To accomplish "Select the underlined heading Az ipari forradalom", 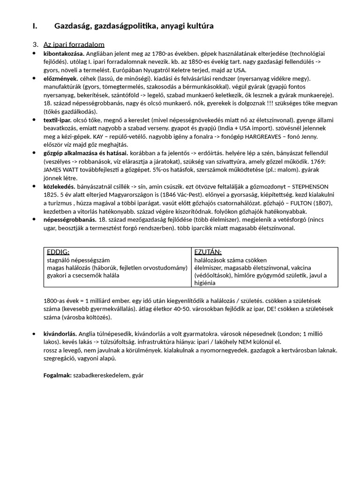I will pos(74,45).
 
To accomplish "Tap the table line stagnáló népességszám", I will pos(78,260).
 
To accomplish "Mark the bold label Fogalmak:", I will pos(57,375).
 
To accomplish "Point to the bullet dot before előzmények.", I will pos(34,78).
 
